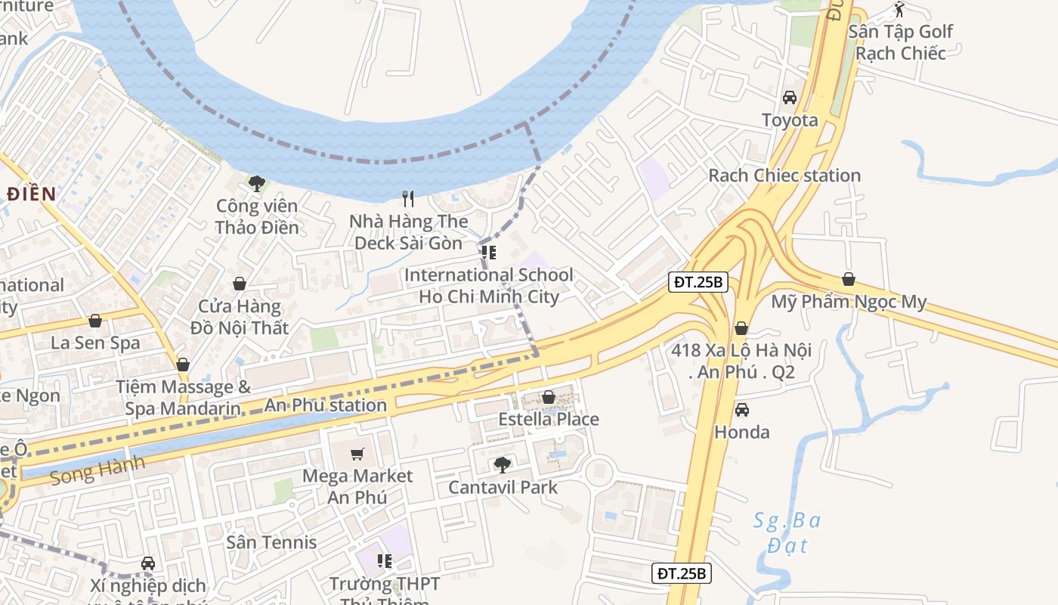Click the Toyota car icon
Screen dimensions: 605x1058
click(790, 98)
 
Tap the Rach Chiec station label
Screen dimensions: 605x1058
click(784, 175)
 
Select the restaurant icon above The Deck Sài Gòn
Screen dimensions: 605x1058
click(408, 199)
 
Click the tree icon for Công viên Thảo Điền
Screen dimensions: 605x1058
click(257, 183)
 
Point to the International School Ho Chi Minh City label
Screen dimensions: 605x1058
click(489, 286)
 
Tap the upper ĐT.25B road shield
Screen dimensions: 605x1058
click(698, 283)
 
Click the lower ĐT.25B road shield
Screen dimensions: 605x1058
click(681, 573)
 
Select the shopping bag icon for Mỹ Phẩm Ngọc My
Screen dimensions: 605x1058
click(849, 280)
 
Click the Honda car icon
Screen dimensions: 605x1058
click(742, 410)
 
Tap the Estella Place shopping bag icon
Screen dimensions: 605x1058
click(549, 397)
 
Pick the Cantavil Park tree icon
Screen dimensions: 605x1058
click(502, 464)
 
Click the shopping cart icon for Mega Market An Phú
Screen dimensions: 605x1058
click(357, 454)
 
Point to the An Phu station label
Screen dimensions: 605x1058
click(325, 405)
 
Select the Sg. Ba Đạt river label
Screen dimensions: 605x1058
click(787, 532)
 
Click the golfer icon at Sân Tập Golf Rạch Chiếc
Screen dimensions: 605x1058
click(899, 10)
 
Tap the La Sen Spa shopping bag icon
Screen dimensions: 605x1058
click(95, 321)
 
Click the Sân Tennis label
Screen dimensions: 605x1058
click(271, 542)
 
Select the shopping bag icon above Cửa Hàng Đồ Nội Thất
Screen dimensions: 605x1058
click(240, 284)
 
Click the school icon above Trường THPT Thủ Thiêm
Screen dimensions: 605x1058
click(385, 561)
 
